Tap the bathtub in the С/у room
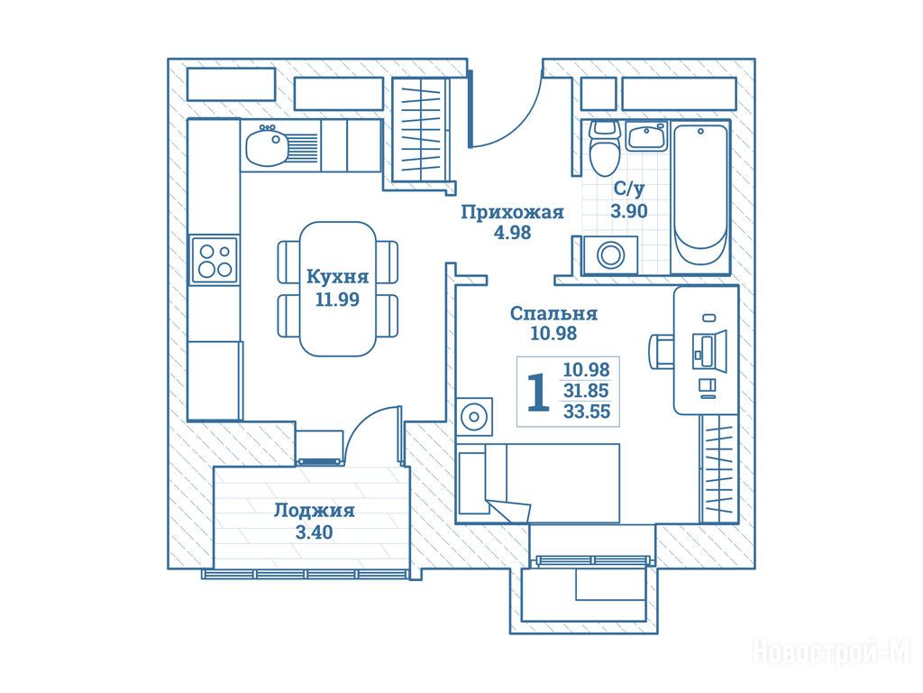(x=699, y=198)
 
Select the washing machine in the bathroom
(x=610, y=255)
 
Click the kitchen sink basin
(x=266, y=146)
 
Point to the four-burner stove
(x=215, y=260)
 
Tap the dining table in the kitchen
(x=338, y=289)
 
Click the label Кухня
(x=338, y=276)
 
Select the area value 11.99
(x=337, y=300)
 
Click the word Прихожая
(x=512, y=211)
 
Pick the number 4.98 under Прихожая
(x=512, y=233)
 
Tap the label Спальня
(x=554, y=313)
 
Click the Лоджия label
(x=315, y=511)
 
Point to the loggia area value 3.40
(x=314, y=532)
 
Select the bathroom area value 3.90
(x=628, y=210)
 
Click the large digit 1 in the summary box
(x=538, y=392)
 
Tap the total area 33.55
(x=586, y=411)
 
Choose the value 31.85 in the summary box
(x=586, y=390)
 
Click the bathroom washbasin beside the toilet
(x=646, y=136)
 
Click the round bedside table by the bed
(x=474, y=416)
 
